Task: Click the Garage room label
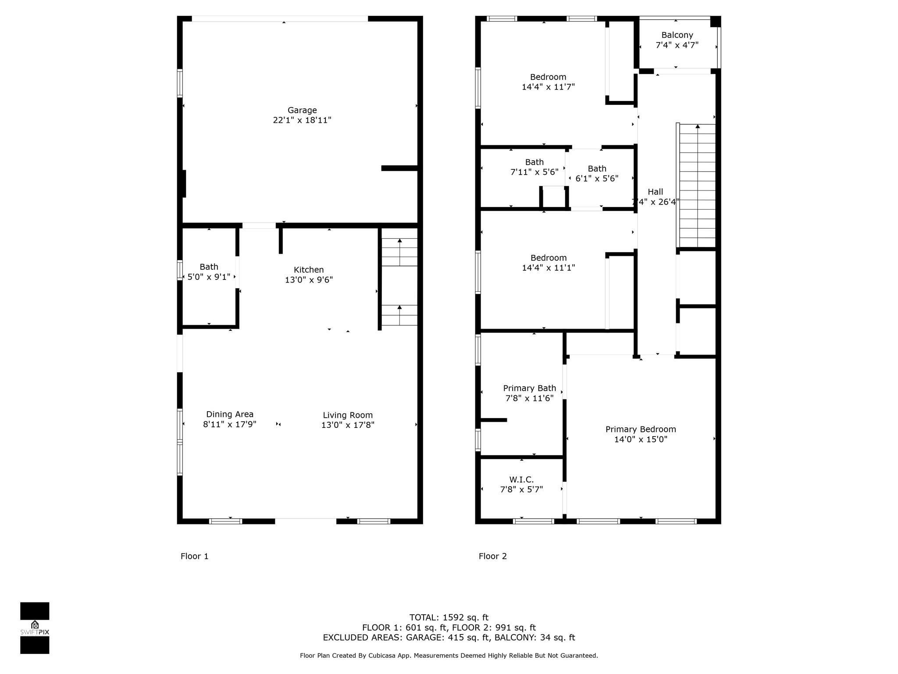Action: point(302,110)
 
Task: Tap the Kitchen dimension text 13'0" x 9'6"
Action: point(309,280)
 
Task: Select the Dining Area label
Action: point(230,414)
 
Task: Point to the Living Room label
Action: point(348,415)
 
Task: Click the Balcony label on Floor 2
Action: point(677,35)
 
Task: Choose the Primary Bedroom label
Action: point(641,429)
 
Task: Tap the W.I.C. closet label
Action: point(521,480)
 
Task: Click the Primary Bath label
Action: point(529,388)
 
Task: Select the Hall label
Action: point(656,192)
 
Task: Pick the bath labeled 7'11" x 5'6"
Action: point(535,167)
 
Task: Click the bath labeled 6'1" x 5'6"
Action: point(597,174)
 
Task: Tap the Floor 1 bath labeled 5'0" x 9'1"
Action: point(209,272)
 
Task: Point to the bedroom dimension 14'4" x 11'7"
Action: point(548,87)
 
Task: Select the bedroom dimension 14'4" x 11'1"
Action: point(548,268)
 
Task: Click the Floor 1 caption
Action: point(195,556)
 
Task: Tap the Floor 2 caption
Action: point(493,556)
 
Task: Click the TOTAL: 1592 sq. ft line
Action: point(449,617)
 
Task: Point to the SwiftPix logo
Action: point(35,628)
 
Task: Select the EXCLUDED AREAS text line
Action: point(449,638)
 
